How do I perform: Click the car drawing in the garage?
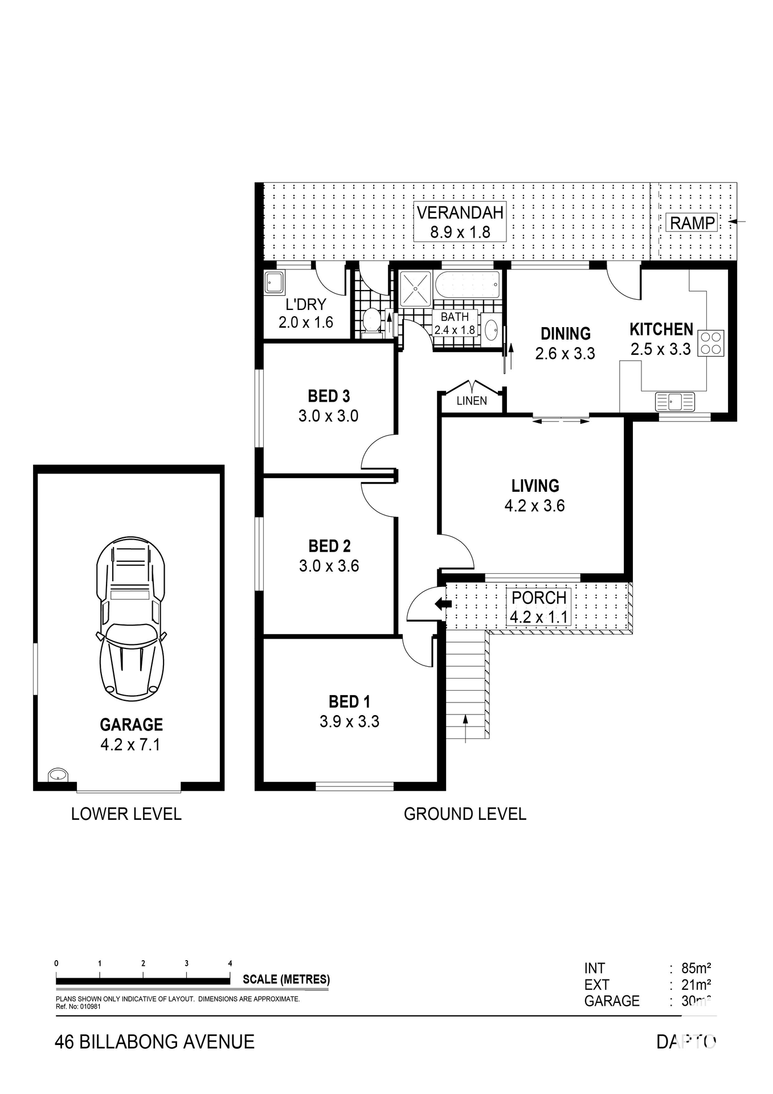click(131, 618)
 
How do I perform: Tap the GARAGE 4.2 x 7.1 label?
click(131, 734)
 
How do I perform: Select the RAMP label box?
click(692, 223)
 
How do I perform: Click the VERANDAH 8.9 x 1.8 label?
click(460, 222)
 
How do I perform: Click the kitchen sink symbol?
click(675, 401)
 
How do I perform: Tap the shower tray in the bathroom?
click(416, 289)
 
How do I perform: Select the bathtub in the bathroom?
click(467, 284)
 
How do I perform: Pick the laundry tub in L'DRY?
click(274, 283)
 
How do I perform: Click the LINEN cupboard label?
click(472, 401)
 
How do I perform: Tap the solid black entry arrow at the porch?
click(442, 603)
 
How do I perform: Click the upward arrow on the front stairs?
click(465, 729)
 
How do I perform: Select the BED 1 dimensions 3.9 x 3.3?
click(349, 721)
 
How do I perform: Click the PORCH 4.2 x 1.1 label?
click(539, 607)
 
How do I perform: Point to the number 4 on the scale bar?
click(230, 964)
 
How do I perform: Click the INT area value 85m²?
click(696, 968)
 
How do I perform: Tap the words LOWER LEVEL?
click(126, 814)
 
